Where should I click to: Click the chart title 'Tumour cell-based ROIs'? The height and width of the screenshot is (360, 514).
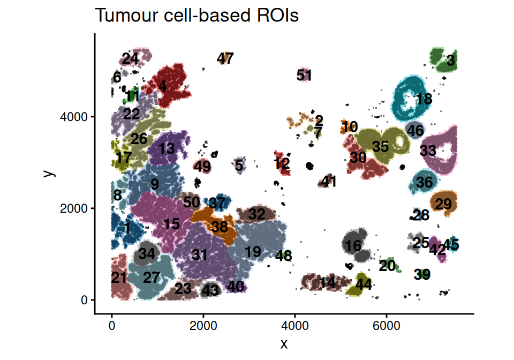(x=196, y=16)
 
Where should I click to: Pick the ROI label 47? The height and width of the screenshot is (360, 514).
(x=225, y=58)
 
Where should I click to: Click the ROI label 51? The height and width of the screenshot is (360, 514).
(x=304, y=75)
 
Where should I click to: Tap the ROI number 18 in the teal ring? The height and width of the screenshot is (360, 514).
(x=424, y=99)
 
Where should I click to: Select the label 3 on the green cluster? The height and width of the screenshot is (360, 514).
(x=450, y=61)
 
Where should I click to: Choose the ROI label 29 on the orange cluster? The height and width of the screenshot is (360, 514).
(x=443, y=204)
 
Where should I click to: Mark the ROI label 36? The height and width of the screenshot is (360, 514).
(x=425, y=182)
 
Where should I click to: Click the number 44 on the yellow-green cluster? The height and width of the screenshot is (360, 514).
(x=364, y=284)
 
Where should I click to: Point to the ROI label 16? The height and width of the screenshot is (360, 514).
(x=353, y=246)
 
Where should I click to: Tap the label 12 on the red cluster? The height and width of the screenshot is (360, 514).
(x=282, y=163)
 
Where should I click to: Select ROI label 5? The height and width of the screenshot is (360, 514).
(x=239, y=166)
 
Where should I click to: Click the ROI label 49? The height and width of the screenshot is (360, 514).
(x=202, y=166)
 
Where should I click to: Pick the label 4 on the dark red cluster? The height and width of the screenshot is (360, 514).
(x=162, y=86)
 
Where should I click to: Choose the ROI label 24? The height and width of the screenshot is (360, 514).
(x=130, y=58)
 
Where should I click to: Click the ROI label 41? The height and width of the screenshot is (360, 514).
(x=329, y=182)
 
